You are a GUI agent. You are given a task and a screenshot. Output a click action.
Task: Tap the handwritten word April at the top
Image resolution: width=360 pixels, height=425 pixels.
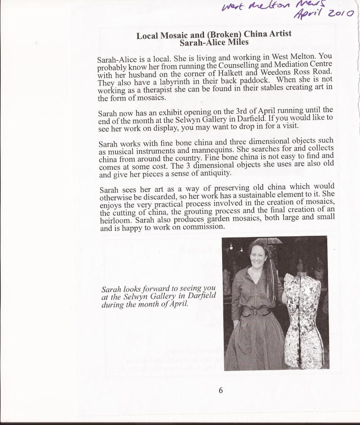coord(309,15)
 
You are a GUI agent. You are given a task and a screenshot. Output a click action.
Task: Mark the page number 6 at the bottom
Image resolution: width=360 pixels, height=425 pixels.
coord(221,390)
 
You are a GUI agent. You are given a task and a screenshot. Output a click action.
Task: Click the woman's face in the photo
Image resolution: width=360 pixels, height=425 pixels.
coord(257,257)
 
